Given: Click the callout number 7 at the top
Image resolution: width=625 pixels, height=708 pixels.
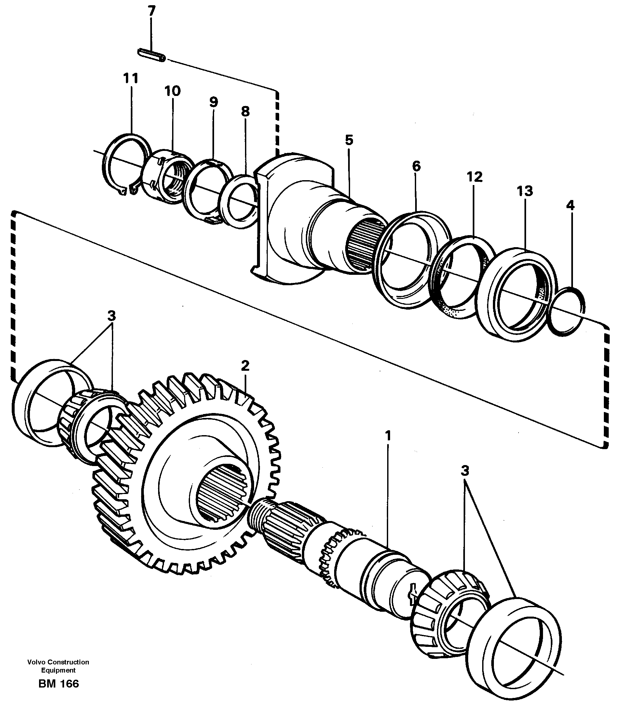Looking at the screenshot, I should (x=151, y=11).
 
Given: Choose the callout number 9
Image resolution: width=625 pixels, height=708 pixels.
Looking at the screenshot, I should (x=213, y=102).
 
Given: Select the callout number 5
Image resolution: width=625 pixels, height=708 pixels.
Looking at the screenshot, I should (x=349, y=140).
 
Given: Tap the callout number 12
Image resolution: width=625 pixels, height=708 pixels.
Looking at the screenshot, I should (x=474, y=177).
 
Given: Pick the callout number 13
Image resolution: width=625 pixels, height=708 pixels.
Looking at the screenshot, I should (x=524, y=191).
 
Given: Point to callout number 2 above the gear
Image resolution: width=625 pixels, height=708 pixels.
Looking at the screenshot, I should (x=245, y=366).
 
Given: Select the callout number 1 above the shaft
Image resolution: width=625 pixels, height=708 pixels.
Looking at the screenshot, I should (x=388, y=435).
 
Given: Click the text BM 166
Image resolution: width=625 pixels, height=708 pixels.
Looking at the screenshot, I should (x=59, y=684).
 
